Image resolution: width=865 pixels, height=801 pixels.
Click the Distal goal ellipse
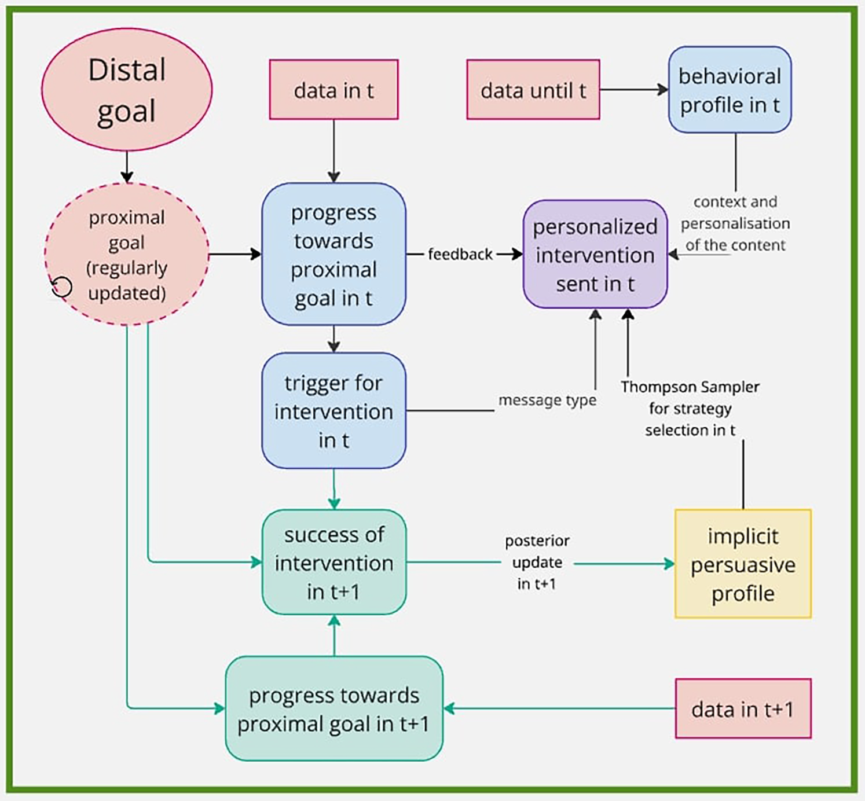click(127, 90)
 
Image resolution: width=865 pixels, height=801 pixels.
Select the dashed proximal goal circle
click(127, 254)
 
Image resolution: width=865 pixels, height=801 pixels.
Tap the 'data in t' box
click(333, 90)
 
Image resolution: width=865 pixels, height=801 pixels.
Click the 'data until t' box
click(533, 90)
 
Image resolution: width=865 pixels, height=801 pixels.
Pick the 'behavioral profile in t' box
click(730, 90)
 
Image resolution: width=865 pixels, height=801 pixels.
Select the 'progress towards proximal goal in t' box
click(333, 254)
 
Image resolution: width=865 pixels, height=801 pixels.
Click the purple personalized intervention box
click(595, 254)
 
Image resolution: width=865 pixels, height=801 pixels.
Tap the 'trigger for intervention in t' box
click(333, 410)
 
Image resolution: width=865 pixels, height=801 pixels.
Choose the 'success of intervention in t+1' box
click(333, 562)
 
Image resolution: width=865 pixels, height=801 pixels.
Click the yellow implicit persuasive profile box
click(743, 564)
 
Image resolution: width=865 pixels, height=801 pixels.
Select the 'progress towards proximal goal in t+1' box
click(333, 708)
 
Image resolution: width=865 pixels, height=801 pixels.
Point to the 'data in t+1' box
click(743, 708)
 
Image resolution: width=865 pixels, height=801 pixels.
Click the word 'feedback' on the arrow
click(460, 254)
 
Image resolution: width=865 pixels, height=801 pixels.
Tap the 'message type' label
click(547, 400)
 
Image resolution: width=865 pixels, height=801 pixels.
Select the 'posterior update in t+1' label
click(537, 562)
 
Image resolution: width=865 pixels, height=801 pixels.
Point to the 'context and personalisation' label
click(735, 223)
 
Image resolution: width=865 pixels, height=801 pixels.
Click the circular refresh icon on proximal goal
click(61, 286)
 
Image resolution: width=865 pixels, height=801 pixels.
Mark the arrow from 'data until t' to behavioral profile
click(634, 90)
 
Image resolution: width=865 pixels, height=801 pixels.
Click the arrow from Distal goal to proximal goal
click(127, 167)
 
